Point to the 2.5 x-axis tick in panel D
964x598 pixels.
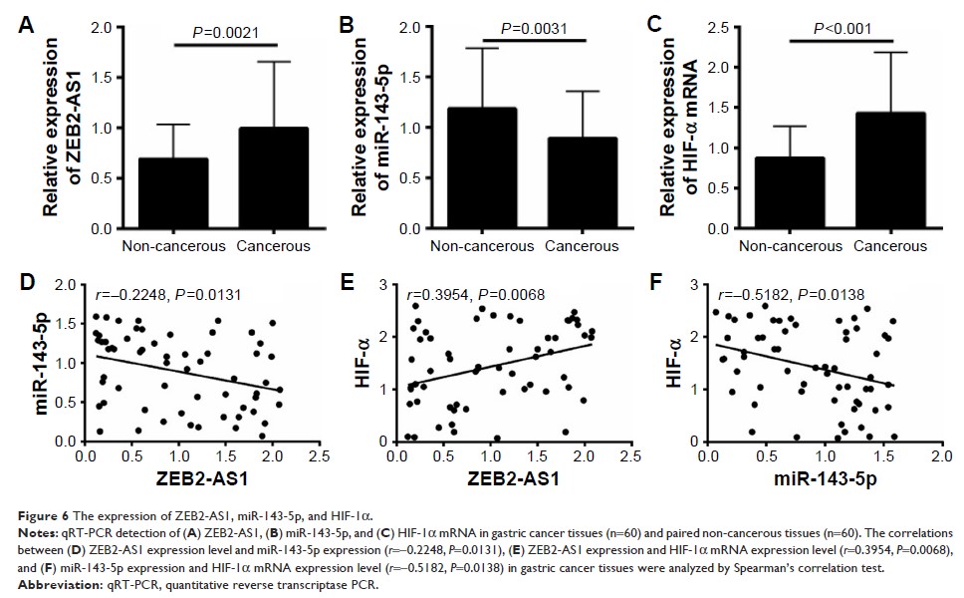[319, 457]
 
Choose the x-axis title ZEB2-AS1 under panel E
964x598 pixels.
[508, 480]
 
